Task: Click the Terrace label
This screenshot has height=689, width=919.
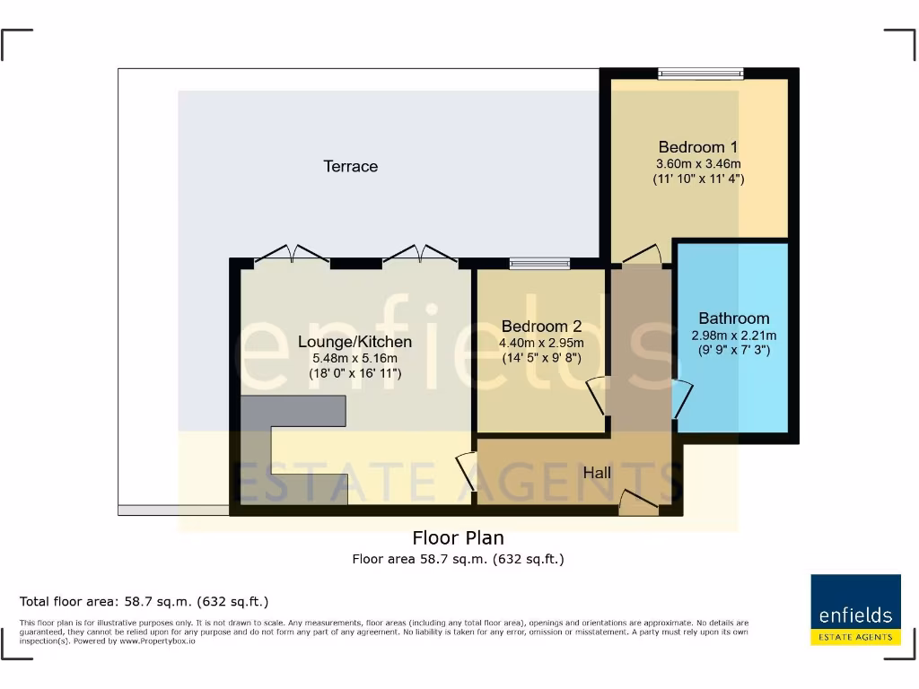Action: (351, 166)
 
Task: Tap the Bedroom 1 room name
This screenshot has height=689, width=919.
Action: (697, 147)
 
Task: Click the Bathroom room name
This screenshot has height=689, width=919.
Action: (733, 318)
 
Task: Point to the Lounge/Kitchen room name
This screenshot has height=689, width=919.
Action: (354, 342)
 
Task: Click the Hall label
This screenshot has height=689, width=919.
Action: (597, 473)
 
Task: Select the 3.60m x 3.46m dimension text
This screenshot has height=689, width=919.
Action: (697, 164)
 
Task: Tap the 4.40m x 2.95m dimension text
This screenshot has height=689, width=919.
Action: (542, 343)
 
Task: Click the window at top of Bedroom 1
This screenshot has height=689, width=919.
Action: (700, 74)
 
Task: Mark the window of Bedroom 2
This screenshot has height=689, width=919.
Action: (539, 264)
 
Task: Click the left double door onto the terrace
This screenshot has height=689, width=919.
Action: (293, 257)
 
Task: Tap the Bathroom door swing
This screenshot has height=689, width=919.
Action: (682, 398)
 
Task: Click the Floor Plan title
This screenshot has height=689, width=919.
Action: (458, 538)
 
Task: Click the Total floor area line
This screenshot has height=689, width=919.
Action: (144, 601)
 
